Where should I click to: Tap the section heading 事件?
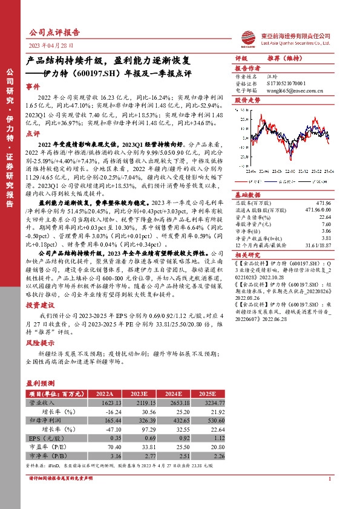coord(34,87)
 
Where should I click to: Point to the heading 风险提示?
coord(39,342)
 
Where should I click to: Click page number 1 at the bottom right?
coord(329,479)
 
